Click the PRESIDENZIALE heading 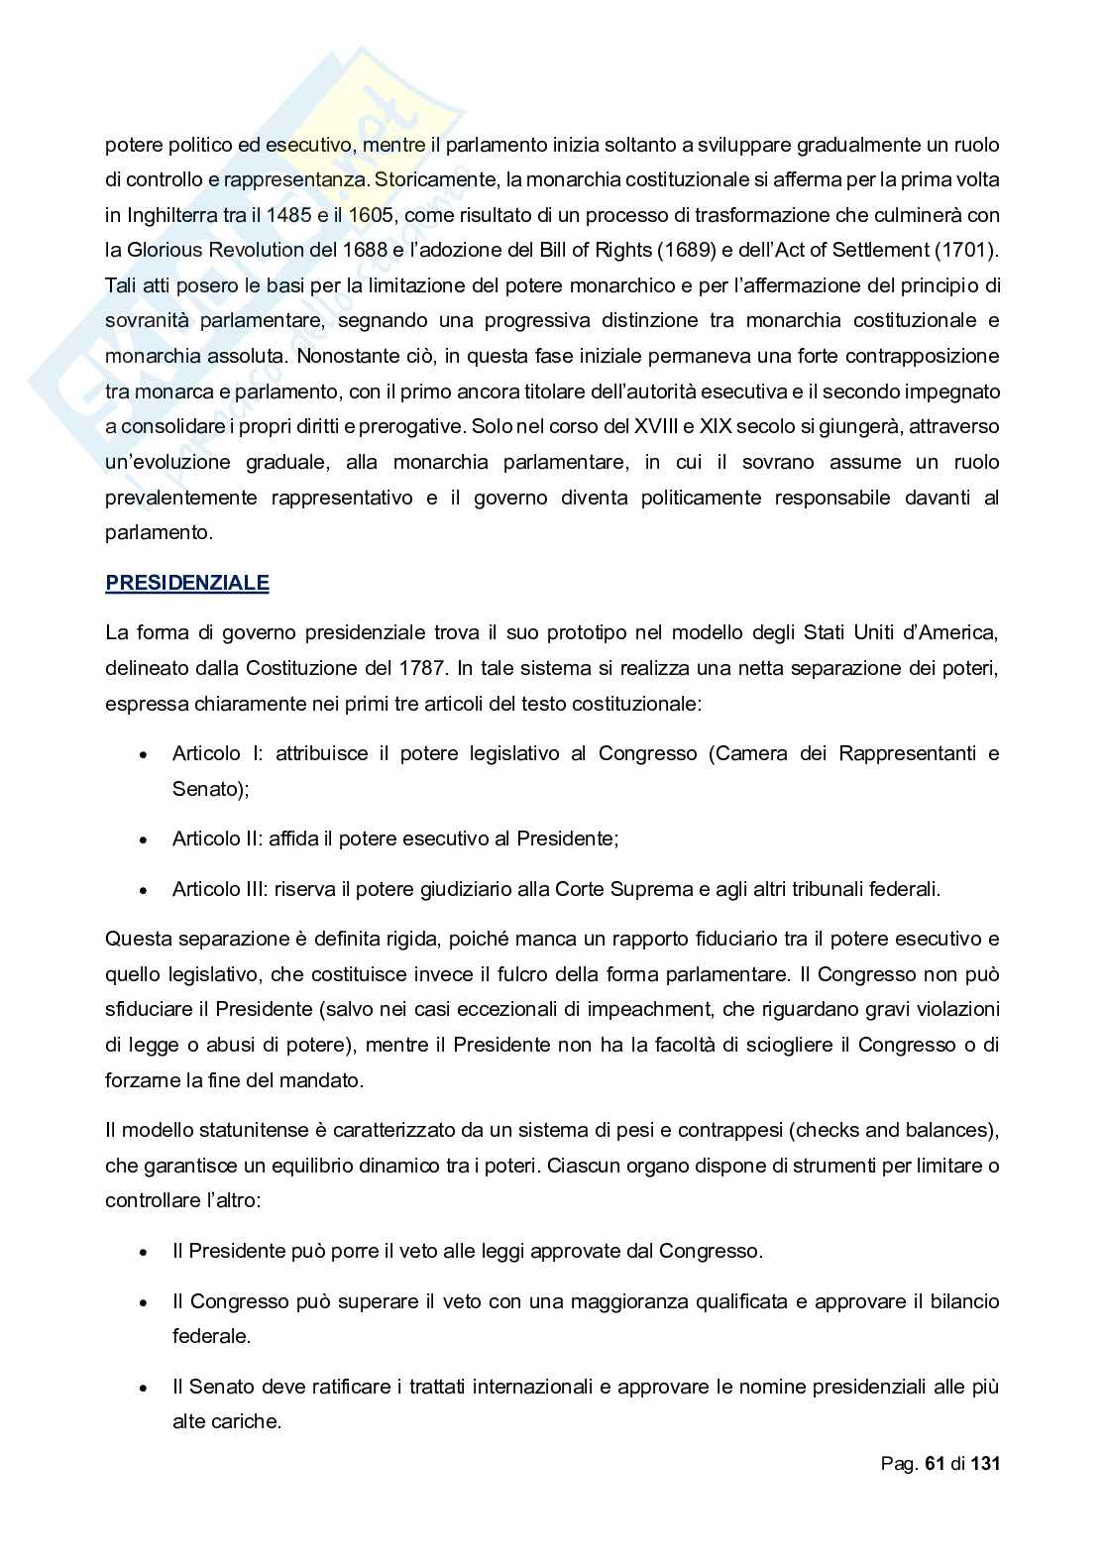pos(186,583)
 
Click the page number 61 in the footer pos(935,1464)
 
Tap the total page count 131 pos(985,1464)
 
